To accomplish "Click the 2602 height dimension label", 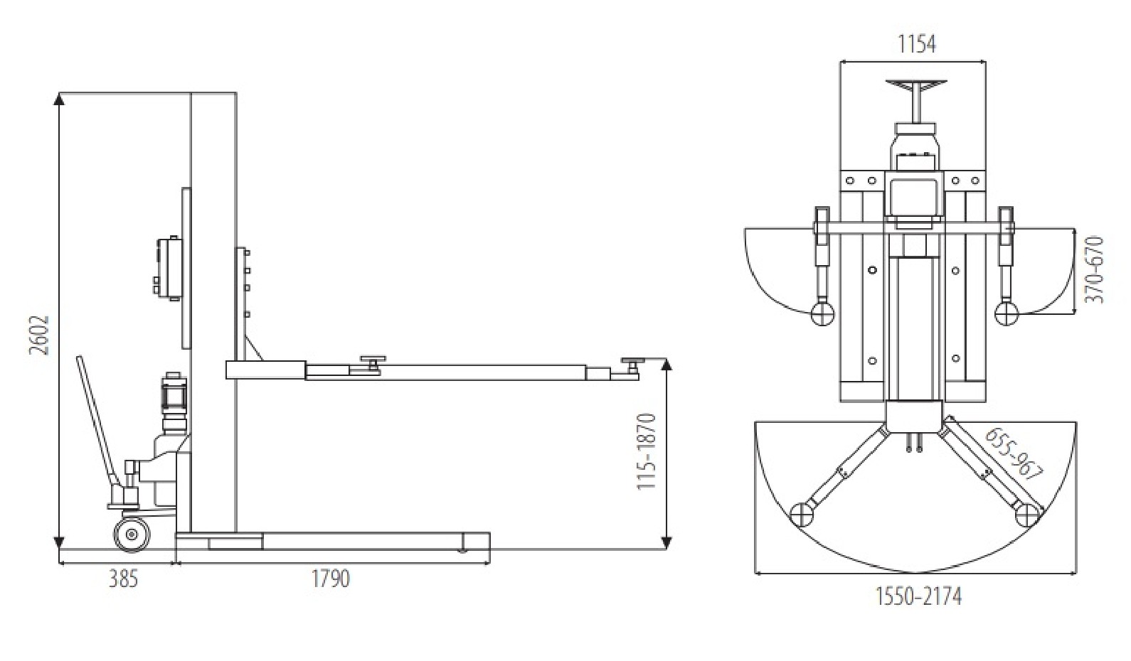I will [x=41, y=335].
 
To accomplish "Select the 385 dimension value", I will [x=123, y=579].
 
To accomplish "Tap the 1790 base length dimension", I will [x=331, y=579].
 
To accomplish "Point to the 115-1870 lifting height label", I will [x=645, y=451].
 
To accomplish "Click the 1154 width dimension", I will [x=916, y=44].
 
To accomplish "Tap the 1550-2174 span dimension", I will [x=918, y=596].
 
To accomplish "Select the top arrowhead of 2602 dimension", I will [x=60, y=99].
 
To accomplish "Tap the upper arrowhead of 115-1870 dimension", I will [x=667, y=365].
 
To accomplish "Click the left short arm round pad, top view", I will [x=823, y=312].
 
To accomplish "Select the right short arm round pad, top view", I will [x=1006, y=312].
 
